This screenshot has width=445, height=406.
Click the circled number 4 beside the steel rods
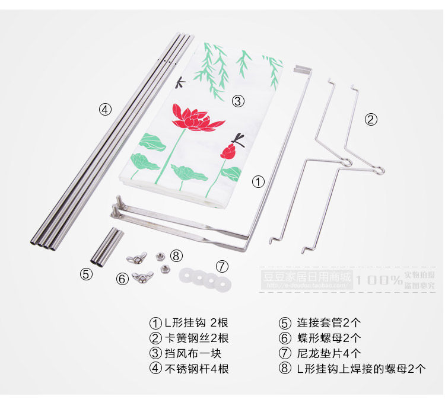(x=105, y=109)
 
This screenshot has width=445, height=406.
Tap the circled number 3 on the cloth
(x=238, y=101)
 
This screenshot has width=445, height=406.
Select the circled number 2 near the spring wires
(x=371, y=120)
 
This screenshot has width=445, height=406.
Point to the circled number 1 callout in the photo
(x=259, y=182)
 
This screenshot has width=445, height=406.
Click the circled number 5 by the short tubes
(x=86, y=274)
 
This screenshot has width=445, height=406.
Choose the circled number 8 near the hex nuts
(x=176, y=256)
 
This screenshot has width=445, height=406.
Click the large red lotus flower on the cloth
(x=191, y=118)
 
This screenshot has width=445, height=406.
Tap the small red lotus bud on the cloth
(x=227, y=151)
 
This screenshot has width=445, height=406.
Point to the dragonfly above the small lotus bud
(x=239, y=139)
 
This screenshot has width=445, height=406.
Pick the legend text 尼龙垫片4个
(x=329, y=353)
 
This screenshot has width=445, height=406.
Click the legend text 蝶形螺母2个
(x=329, y=338)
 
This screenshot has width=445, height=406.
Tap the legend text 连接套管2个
(x=329, y=323)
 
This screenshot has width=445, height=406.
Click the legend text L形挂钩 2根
(x=196, y=323)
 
